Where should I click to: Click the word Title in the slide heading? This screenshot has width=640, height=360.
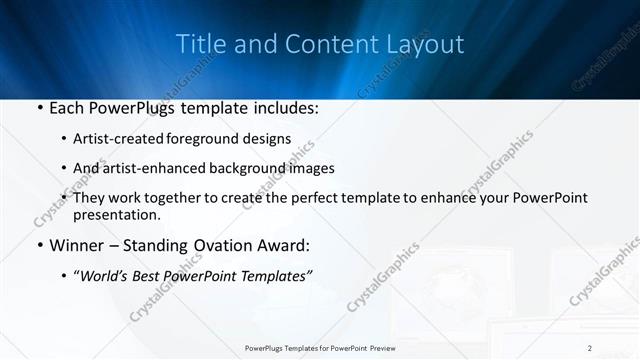[x=200, y=44]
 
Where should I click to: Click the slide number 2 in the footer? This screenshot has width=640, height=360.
[x=590, y=347]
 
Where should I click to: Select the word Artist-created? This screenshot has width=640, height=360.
[x=119, y=138]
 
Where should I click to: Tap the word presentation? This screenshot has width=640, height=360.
[x=116, y=214]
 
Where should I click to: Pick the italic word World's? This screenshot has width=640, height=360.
[x=107, y=275]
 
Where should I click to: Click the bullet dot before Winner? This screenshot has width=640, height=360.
[x=39, y=246]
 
